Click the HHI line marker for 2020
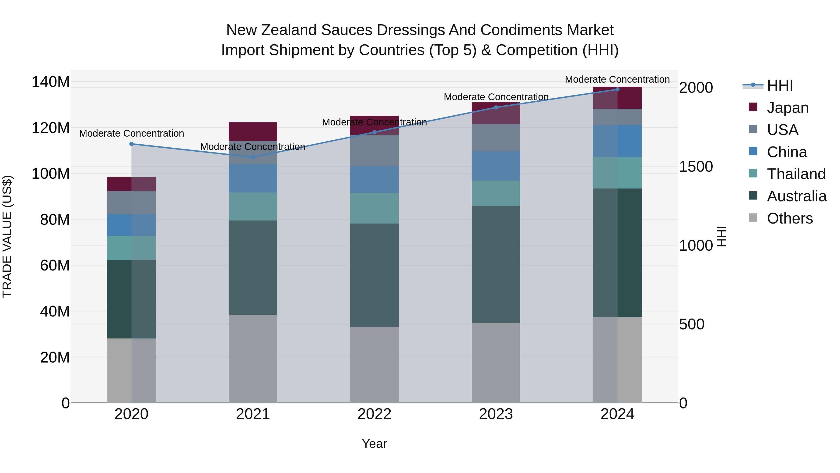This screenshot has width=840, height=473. tap(131, 144)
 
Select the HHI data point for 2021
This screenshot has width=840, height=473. tap(253, 157)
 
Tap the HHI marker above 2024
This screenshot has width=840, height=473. tap(617, 89)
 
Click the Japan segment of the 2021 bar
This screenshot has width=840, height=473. tap(253, 132)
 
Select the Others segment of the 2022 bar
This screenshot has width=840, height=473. tap(374, 365)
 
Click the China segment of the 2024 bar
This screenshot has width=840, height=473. tap(617, 141)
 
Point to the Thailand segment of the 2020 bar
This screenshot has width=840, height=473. tap(131, 248)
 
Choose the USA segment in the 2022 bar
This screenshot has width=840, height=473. tap(374, 150)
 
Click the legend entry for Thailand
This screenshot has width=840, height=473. tap(796, 174)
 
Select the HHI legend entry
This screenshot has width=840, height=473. tap(780, 85)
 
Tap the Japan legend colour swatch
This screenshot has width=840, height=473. tap(753, 107)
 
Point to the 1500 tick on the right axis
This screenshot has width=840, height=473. tap(696, 167)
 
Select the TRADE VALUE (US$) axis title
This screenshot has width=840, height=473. tap(7, 236)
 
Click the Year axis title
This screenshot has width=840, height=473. tap(374, 444)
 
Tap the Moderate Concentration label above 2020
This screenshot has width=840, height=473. tap(131, 134)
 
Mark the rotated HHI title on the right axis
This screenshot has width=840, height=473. tap(722, 236)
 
